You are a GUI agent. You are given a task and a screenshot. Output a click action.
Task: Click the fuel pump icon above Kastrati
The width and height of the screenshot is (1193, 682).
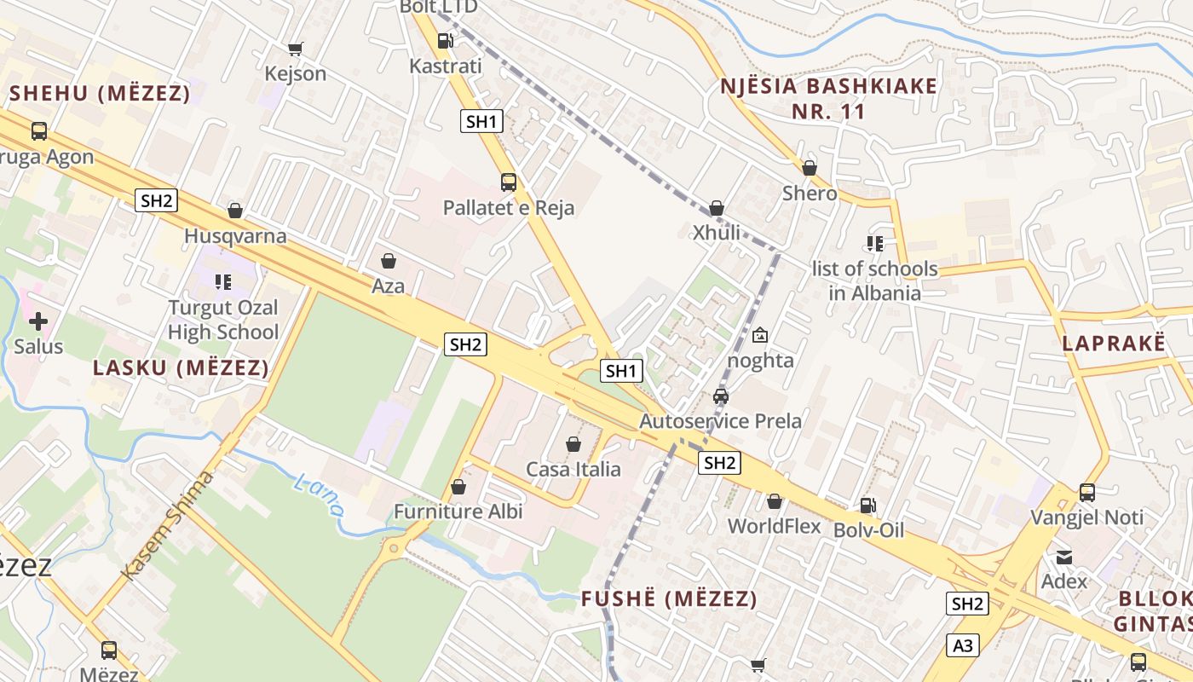(x=445, y=40)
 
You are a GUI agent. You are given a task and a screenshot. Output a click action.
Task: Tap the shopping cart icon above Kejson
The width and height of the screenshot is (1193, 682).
(x=295, y=49)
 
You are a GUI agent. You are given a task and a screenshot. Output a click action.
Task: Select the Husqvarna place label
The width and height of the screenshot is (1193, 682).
(x=235, y=236)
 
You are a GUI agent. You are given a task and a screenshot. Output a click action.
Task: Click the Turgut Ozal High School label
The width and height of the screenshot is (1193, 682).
(x=223, y=320)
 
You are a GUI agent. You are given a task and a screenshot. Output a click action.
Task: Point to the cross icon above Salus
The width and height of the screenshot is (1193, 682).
(x=38, y=321)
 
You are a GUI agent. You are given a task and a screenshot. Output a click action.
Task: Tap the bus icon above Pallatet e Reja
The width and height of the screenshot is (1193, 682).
(x=509, y=182)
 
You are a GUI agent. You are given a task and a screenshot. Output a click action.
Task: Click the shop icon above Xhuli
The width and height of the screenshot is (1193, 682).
(x=717, y=208)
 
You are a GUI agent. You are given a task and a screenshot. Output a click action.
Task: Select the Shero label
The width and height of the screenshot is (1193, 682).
(x=810, y=194)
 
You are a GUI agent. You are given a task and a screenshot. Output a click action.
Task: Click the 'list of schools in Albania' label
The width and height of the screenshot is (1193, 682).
(x=874, y=280)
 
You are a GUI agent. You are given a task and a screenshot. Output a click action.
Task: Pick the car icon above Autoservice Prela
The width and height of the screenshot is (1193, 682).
(x=721, y=396)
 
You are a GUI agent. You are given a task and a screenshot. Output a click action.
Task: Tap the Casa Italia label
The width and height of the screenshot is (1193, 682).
(x=573, y=469)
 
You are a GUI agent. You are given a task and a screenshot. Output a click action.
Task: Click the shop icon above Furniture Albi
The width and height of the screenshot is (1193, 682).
(x=458, y=487)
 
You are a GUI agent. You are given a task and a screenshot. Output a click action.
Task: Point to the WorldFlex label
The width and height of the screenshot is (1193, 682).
(x=774, y=526)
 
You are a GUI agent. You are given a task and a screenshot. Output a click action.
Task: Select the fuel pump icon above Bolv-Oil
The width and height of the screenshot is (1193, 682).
(x=867, y=505)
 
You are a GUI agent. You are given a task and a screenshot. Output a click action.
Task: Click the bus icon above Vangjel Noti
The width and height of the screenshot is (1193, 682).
(x=1087, y=492)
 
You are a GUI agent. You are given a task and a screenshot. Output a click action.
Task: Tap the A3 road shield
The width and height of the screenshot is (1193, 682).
(x=963, y=645)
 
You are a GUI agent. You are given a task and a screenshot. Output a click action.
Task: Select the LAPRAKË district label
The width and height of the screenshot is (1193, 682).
(x=1113, y=344)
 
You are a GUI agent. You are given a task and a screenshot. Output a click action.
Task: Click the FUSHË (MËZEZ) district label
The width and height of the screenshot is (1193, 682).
(x=669, y=599)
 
